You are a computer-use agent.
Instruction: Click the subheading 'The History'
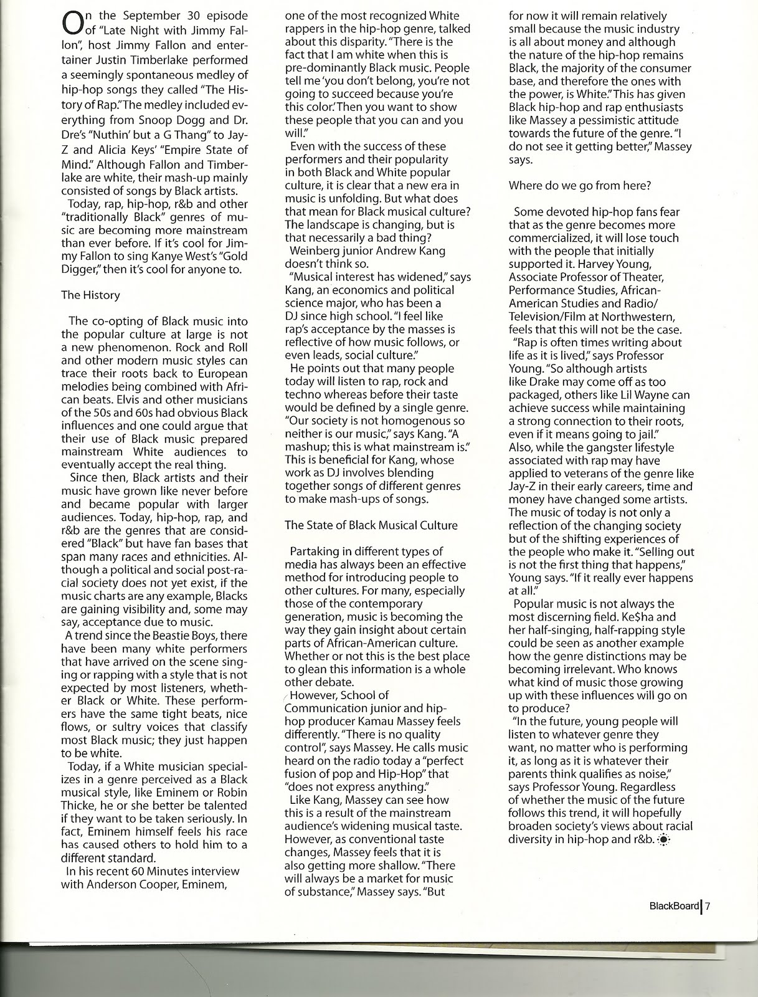click(90, 295)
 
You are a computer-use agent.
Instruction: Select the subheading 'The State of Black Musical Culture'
click(371, 525)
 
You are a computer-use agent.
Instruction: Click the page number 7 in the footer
click(708, 907)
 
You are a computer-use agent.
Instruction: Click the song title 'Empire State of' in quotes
click(206, 150)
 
